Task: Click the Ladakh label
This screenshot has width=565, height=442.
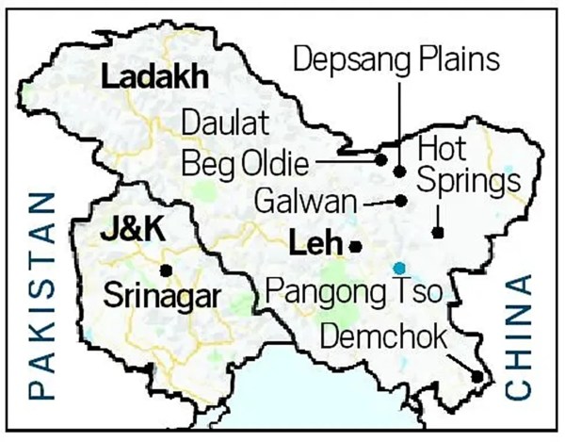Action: point(153,80)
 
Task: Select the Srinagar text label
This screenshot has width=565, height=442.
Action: point(161,294)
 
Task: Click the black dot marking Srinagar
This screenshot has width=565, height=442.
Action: point(166,270)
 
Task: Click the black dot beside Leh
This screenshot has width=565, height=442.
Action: point(355,246)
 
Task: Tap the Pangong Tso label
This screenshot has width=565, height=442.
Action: point(354,289)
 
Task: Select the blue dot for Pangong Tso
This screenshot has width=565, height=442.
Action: point(400,267)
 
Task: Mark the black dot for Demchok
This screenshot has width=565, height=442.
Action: point(477,378)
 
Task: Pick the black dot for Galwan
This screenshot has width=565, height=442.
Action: point(401,200)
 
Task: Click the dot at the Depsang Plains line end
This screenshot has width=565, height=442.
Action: point(399,172)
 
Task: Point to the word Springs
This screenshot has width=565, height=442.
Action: point(469,179)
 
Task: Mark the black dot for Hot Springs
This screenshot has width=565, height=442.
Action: point(437,232)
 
